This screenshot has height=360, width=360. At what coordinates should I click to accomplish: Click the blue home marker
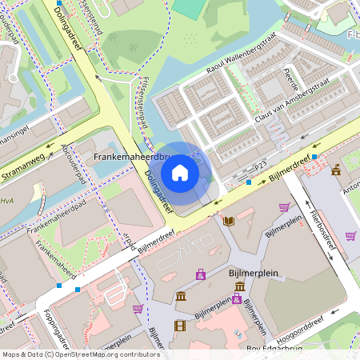tap(180, 172)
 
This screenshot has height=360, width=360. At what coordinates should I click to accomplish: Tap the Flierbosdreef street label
tap(322, 231)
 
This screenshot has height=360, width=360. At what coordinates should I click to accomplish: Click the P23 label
tap(260, 165)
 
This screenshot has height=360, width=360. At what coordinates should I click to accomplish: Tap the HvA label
tap(7, 201)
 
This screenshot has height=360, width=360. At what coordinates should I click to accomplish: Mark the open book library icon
tap(230, 220)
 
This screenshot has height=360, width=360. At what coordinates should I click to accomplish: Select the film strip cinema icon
tap(180, 325)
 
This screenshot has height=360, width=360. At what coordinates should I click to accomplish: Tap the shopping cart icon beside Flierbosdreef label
tap(350, 236)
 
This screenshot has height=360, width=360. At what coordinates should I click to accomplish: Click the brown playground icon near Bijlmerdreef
tap(337, 170)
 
